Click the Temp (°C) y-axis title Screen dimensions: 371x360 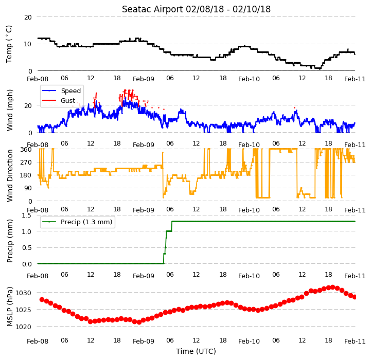click(9, 44)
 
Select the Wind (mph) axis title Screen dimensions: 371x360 click(9, 110)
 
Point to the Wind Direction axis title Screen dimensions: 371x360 click(9, 175)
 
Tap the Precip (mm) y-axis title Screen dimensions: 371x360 click(9, 241)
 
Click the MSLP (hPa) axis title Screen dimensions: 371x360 click(9, 307)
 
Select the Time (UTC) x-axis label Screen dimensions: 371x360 click(196, 351)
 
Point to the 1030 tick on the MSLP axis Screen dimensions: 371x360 click(23, 293)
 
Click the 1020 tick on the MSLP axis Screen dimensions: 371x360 click(23, 327)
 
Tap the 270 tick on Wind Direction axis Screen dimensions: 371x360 click(26, 163)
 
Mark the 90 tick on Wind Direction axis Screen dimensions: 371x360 click(28, 188)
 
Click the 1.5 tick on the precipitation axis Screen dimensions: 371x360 click(26, 215)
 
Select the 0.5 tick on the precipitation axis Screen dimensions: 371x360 click(27, 248)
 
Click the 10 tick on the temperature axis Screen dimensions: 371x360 click(28, 44)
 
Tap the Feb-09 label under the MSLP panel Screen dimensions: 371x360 click(144, 341)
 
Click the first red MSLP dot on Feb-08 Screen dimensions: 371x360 click(42, 299)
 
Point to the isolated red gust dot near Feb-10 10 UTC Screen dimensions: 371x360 click(294, 107)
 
